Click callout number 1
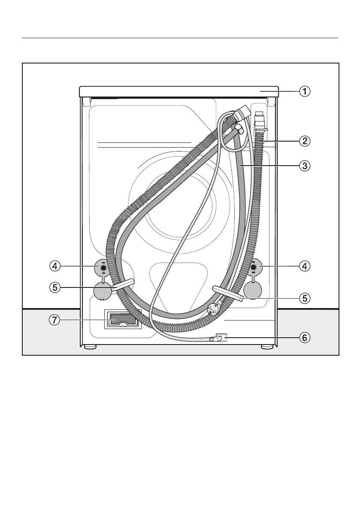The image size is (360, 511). point(305,91)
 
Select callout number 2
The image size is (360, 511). point(305,141)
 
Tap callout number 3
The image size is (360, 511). point(305,166)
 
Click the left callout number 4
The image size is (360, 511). point(55,266)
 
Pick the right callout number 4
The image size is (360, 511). point(305,266)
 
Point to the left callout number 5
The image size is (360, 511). point(55,287)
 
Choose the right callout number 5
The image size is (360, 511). point(305,298)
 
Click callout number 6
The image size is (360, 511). point(305,338)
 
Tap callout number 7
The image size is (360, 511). point(55,320)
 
